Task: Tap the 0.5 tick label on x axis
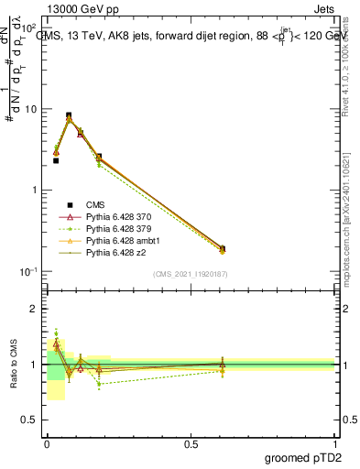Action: (x=191, y=443)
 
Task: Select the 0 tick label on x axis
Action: (x=47, y=443)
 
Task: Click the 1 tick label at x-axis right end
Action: (x=335, y=443)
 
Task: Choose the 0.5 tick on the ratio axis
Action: (x=32, y=420)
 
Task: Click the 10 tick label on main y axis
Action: (x=31, y=109)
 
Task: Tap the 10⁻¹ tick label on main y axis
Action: (x=29, y=272)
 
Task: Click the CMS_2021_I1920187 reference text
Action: (x=191, y=275)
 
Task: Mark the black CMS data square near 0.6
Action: (x=223, y=248)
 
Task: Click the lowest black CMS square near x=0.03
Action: (x=56, y=160)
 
